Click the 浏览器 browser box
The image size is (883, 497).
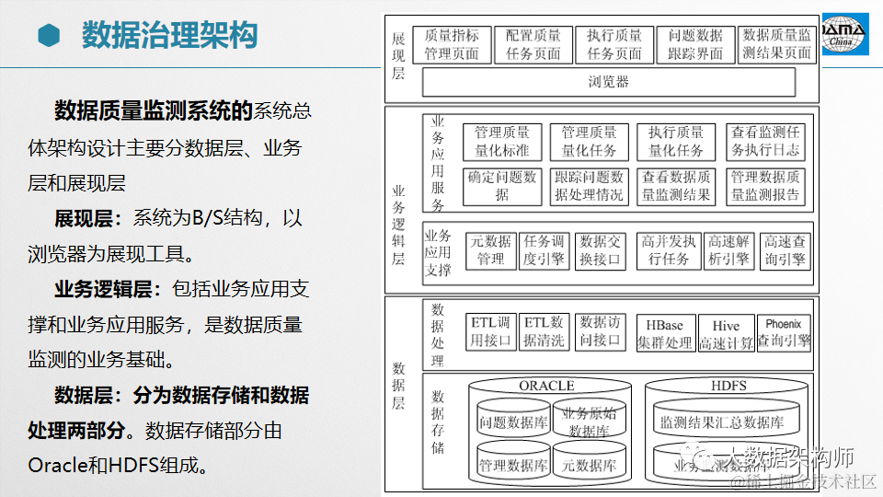coord(608,82)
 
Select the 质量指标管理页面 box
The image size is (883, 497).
coord(452,44)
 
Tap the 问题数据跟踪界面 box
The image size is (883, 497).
coord(696,44)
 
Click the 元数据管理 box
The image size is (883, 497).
coord(490,249)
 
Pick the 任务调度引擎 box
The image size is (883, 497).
coord(544,249)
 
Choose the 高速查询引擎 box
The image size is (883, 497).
coord(785,249)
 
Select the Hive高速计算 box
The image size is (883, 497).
coord(725,334)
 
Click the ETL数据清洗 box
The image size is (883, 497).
coord(544,332)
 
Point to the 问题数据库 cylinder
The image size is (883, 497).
coord(512,422)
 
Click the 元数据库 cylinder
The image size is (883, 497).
coord(589,465)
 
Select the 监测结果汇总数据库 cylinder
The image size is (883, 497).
coord(722,422)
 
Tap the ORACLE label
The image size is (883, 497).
coord(546,385)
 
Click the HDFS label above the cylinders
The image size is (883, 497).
coord(728,385)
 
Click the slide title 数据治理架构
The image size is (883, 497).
coord(170,37)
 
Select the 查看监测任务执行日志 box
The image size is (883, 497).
coord(765,142)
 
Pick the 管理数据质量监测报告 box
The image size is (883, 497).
coord(765,185)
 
